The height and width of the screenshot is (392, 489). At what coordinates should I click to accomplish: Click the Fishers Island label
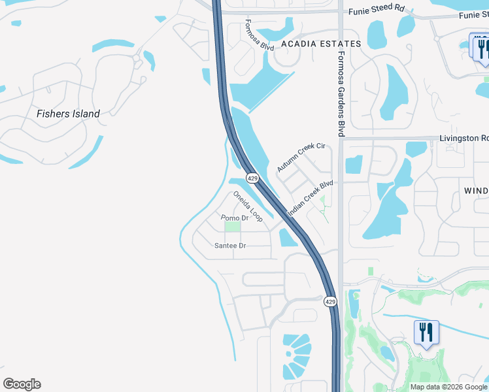(x=68, y=114)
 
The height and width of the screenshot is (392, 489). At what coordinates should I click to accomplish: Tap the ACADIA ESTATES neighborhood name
(x=320, y=44)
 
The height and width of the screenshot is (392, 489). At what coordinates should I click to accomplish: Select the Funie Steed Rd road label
(x=377, y=9)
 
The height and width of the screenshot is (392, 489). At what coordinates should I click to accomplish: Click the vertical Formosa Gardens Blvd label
(x=340, y=95)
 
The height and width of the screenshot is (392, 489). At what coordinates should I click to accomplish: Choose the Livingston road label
(x=464, y=138)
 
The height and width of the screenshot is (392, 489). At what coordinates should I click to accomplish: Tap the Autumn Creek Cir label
(x=301, y=157)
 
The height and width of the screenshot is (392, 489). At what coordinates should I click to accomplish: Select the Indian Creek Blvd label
(x=311, y=199)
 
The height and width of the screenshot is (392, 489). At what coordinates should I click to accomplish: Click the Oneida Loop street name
(x=248, y=206)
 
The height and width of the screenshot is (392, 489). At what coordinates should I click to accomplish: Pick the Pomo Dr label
(x=235, y=218)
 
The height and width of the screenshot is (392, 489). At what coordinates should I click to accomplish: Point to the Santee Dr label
(x=230, y=246)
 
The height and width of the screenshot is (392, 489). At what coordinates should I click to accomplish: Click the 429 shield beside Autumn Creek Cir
(x=252, y=178)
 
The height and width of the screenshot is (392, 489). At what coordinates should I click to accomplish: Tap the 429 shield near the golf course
(x=330, y=301)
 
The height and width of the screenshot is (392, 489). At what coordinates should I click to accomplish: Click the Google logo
(x=22, y=384)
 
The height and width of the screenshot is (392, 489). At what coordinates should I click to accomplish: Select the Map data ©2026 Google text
(x=448, y=387)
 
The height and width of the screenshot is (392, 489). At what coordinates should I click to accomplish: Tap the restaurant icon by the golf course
(x=426, y=332)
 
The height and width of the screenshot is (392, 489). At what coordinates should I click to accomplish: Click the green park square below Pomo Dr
(x=232, y=226)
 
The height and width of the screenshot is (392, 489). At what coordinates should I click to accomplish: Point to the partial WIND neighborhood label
(x=476, y=190)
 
